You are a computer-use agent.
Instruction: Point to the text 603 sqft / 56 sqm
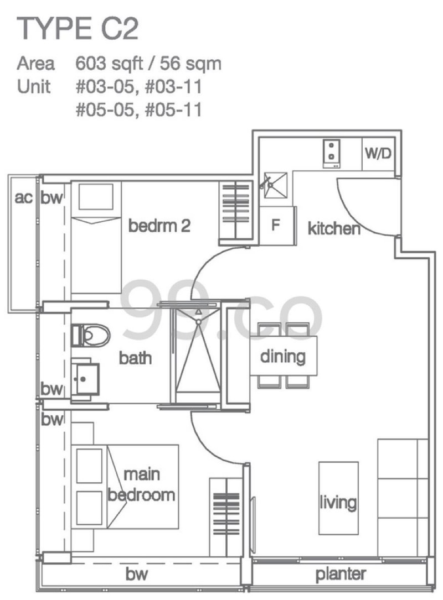coord(148,64)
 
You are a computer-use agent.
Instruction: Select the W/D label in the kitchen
coord(378,153)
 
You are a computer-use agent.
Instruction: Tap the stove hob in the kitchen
coord(332,154)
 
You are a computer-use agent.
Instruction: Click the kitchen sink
coord(275,186)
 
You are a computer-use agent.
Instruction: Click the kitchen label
coord(334,228)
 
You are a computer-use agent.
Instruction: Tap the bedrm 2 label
coord(159,226)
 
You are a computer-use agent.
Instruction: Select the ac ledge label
coord(23,197)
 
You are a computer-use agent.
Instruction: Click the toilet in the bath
coord(90,335)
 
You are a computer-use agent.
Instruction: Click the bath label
coord(135,358)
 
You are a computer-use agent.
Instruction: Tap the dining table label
coord(283,356)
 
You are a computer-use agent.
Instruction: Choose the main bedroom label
coord(141,485)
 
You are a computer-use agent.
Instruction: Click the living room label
coord(338,503)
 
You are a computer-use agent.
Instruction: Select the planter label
coord(341,575)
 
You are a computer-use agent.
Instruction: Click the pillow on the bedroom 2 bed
coord(96,197)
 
